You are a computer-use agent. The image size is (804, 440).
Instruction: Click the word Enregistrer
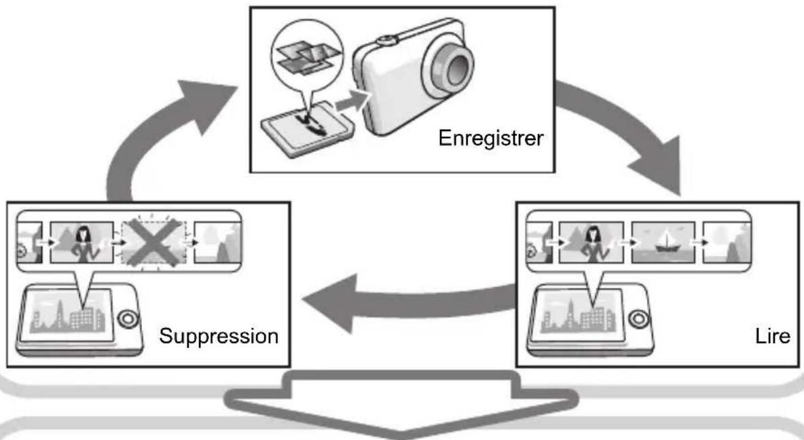[x=491, y=139]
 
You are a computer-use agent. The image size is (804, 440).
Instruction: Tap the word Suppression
[x=219, y=336]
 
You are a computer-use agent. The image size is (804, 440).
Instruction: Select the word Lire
[x=772, y=336]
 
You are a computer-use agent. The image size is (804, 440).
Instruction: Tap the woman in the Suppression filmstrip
[x=83, y=244]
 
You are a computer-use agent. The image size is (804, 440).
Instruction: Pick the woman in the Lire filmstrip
[x=593, y=244]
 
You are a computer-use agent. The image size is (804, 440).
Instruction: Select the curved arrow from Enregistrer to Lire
[x=631, y=123]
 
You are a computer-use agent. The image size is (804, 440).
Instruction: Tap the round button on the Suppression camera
[x=127, y=319]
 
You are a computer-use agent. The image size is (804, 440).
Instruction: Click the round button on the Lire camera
[x=638, y=319]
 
